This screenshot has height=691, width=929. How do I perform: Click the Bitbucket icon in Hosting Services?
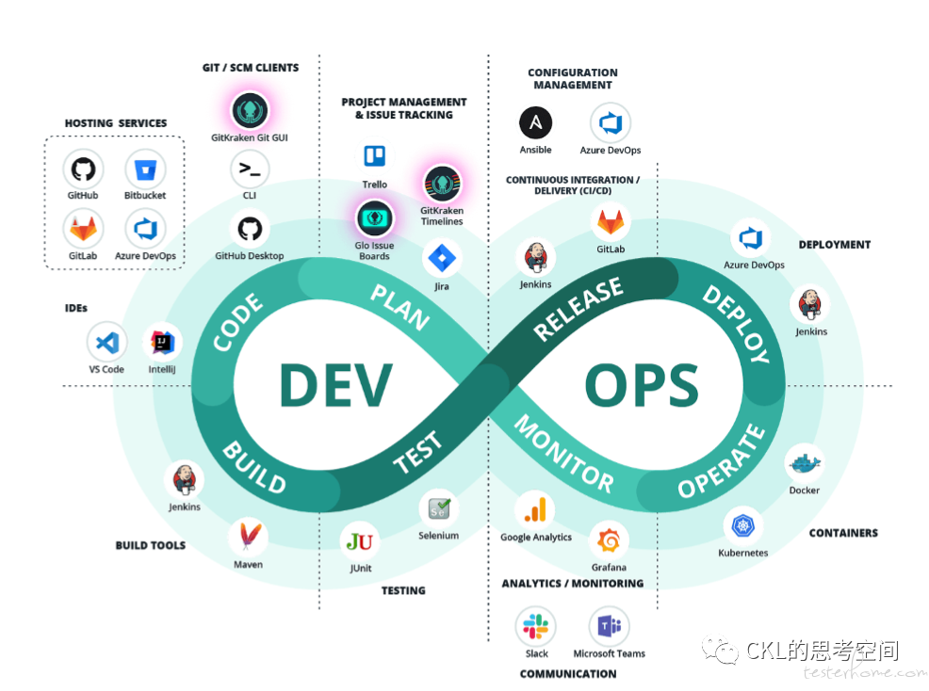pyautogui.click(x=145, y=170)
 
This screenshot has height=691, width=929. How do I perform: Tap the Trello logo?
pyautogui.click(x=374, y=156)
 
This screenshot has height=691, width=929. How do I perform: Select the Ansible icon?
pyautogui.click(x=535, y=122)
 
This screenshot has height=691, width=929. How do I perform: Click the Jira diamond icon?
pyautogui.click(x=442, y=258)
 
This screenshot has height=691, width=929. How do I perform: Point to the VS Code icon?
pyautogui.click(x=107, y=343)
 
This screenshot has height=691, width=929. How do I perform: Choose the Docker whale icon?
pyautogui.click(x=805, y=463)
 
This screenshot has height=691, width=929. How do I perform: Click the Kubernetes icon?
pyautogui.click(x=743, y=526)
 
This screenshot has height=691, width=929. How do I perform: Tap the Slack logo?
pyautogui.click(x=535, y=626)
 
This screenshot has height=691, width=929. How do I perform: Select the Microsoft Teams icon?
pyautogui.click(x=609, y=626)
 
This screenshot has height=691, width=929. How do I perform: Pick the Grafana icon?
pyautogui.click(x=609, y=540)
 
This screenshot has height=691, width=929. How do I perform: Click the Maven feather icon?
pyautogui.click(x=249, y=537)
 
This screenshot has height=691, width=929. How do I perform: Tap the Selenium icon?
pyautogui.click(x=439, y=508)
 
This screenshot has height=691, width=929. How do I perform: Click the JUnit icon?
pyautogui.click(x=360, y=541)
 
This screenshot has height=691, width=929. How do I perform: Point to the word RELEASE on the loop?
pyautogui.click(x=578, y=309)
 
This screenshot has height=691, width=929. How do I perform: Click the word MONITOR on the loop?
pyautogui.click(x=563, y=454)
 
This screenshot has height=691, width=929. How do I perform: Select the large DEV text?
pyautogui.click(x=336, y=385)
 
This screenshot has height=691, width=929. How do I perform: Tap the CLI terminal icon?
pyautogui.click(x=250, y=170)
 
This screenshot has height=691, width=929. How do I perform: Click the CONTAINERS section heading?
pyautogui.click(x=843, y=533)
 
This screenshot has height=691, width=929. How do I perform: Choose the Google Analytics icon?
pyautogui.click(x=535, y=510)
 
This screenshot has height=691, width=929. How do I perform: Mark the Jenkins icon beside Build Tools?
pyautogui.click(x=185, y=479)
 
